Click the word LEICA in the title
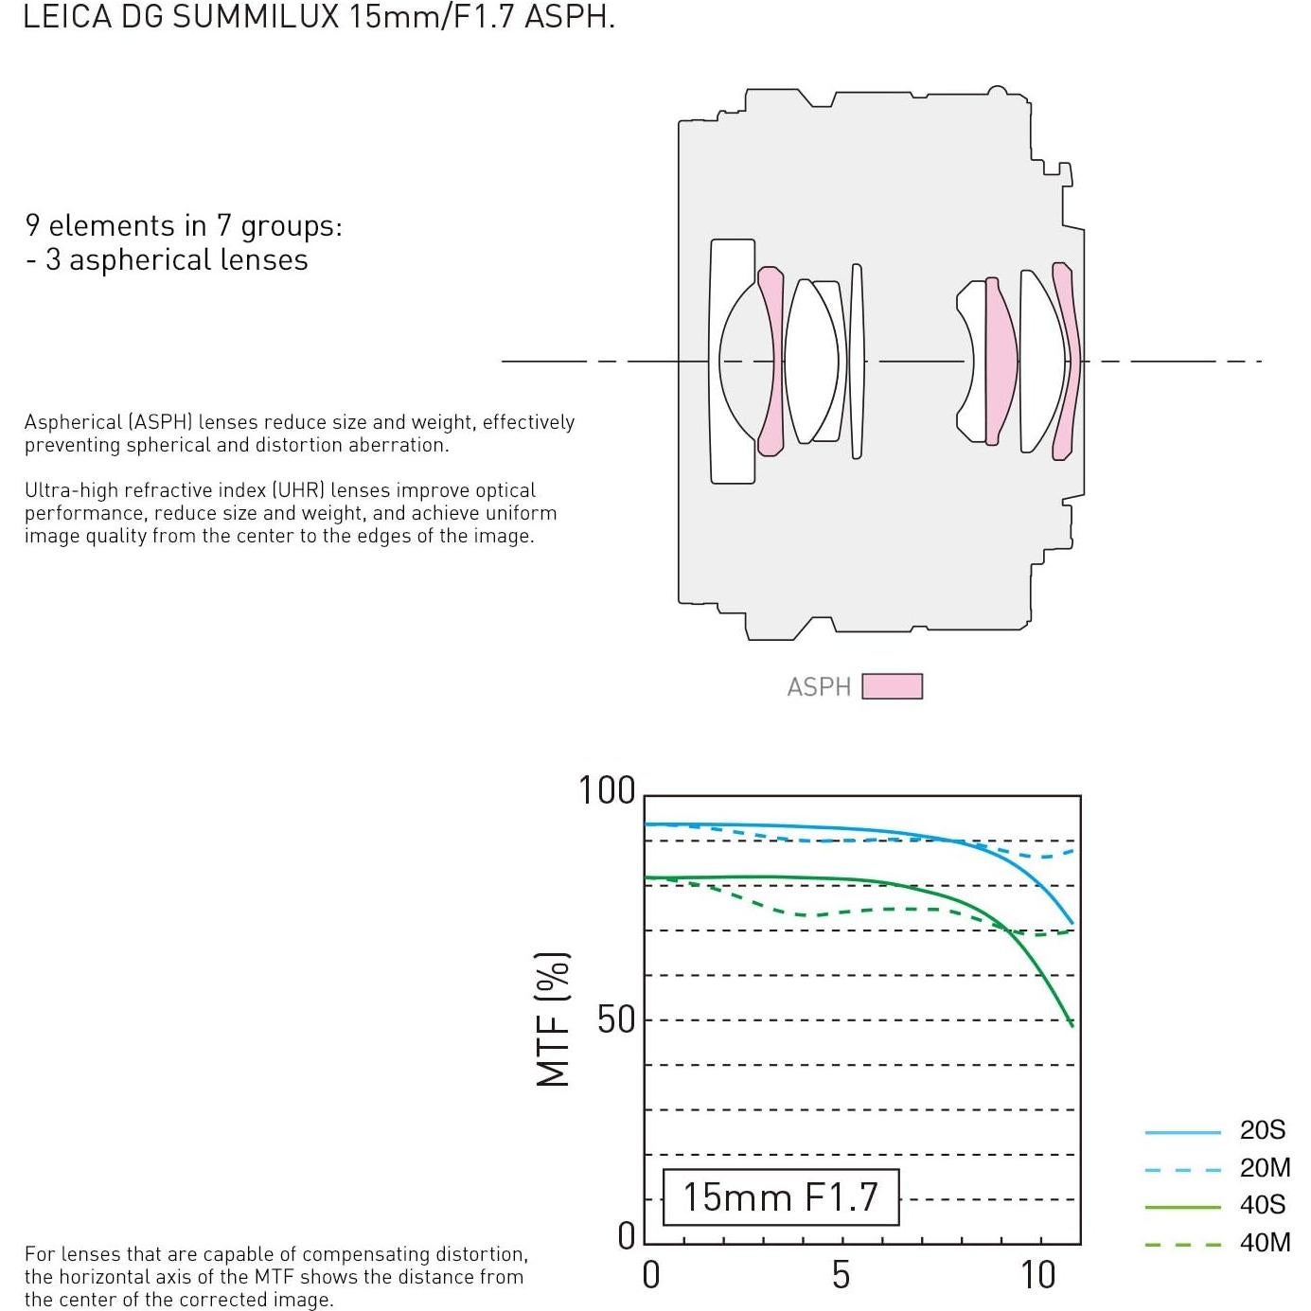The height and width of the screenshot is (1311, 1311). pos(66,16)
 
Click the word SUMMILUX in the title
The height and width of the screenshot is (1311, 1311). pos(256,16)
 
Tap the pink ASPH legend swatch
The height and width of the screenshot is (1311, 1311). pos(892,685)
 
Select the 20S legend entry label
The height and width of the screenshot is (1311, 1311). pos(1262,1130)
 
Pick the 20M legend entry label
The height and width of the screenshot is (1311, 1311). pos(1265,1167)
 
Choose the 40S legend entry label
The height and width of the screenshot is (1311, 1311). pos(1262,1205)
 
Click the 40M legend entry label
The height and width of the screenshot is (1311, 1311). pos(1265,1242)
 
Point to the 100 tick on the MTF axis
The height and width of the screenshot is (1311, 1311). pos(606,790)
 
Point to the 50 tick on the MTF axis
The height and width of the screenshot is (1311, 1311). pos(615,1019)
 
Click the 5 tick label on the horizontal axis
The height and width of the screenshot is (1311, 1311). pos(841,1275)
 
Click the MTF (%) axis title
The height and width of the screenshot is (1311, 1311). pos(553,1019)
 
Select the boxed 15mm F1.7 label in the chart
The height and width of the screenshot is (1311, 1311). pos(780,1196)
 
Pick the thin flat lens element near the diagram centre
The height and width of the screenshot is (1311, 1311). pos(857,361)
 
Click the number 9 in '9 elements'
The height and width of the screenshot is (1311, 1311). pos(32,225)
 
